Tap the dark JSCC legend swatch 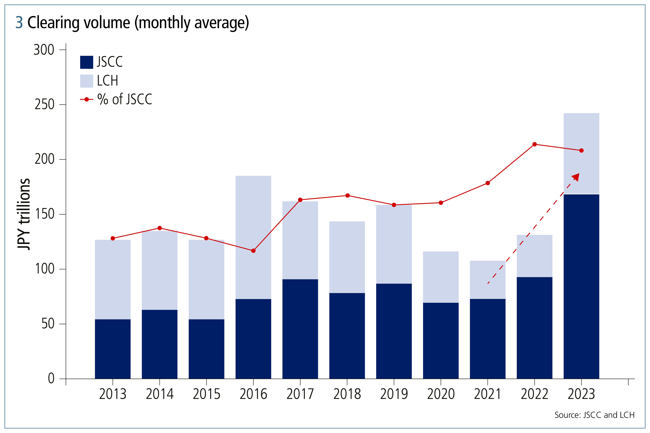87,62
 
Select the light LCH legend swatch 87,81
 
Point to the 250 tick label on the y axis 44,105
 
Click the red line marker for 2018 347,196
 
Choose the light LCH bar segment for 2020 441,277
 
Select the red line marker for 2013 113,238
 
